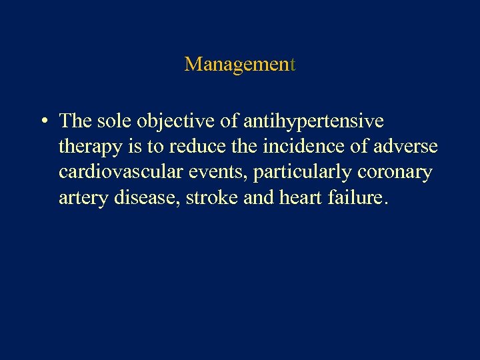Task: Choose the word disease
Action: pyautogui.click(x=143, y=197)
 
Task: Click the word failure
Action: pyautogui.click(x=352, y=197)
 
